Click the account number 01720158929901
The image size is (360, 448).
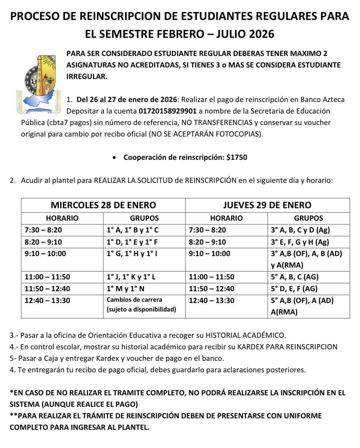click(x=167, y=111)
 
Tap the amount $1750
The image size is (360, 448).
click(x=237, y=157)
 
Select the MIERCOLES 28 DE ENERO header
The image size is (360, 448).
click(x=103, y=205)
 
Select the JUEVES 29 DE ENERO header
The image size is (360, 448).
click(x=267, y=205)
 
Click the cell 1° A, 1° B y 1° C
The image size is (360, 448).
click(x=133, y=230)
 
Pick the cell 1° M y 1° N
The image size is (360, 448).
click(x=125, y=289)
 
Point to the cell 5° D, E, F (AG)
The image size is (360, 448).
click(x=294, y=289)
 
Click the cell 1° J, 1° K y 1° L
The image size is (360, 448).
click(x=131, y=277)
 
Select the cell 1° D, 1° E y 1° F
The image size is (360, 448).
click(x=132, y=242)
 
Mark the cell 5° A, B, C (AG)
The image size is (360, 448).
click(x=295, y=277)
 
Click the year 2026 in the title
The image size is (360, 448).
click(x=261, y=34)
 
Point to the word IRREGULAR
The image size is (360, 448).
click(x=87, y=77)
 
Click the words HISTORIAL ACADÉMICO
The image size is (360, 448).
click(x=245, y=335)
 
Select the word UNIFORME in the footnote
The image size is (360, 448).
click(x=303, y=416)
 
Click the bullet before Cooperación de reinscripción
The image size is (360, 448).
click(x=114, y=158)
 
